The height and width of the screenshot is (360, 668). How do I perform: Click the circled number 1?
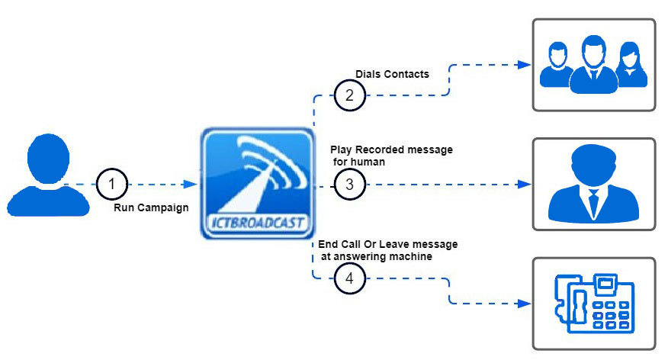[113, 184]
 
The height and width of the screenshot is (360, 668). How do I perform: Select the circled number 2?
[349, 95]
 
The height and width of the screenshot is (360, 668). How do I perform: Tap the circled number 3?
[349, 184]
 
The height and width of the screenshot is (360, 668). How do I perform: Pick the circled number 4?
[349, 279]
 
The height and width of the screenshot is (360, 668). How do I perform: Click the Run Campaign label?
[151, 207]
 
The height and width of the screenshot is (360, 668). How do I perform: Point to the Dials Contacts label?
[393, 74]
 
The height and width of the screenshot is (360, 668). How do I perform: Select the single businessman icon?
[593, 184]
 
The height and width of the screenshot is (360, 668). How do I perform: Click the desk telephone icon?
[593, 303]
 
